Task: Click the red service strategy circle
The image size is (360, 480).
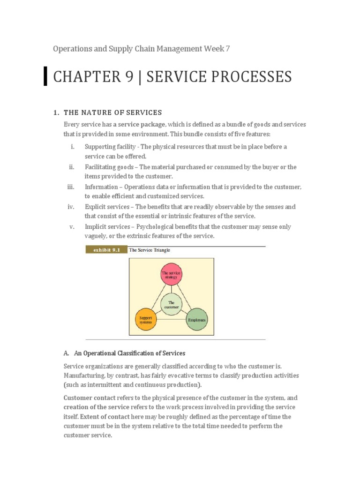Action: (171, 274)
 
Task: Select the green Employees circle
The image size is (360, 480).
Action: (197, 319)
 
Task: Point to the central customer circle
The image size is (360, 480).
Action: (171, 305)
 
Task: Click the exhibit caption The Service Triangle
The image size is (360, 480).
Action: (150, 250)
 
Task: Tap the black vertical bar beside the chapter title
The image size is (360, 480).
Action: (45, 76)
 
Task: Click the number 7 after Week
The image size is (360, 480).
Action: (228, 48)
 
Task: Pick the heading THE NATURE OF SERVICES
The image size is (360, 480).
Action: (112, 112)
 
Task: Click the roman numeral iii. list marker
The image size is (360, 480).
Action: (71, 187)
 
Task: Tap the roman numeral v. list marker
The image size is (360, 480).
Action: (72, 226)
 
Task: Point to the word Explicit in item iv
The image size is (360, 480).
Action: (95, 207)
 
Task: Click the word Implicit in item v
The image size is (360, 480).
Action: (96, 226)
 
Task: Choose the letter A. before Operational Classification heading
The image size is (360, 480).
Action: (66, 353)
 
